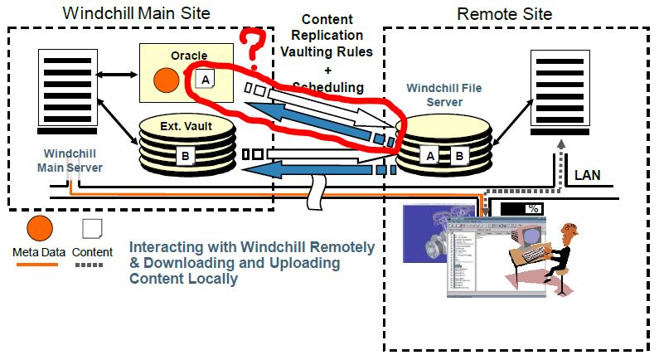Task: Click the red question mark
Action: click(256, 41)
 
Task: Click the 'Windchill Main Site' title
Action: click(137, 12)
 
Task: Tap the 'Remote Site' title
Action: click(505, 12)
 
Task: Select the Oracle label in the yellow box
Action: click(189, 56)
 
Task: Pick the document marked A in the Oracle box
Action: click(204, 80)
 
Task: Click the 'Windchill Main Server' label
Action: click(69, 160)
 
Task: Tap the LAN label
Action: click(589, 176)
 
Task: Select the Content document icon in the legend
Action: click(92, 228)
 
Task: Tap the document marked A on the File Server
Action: click(431, 154)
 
